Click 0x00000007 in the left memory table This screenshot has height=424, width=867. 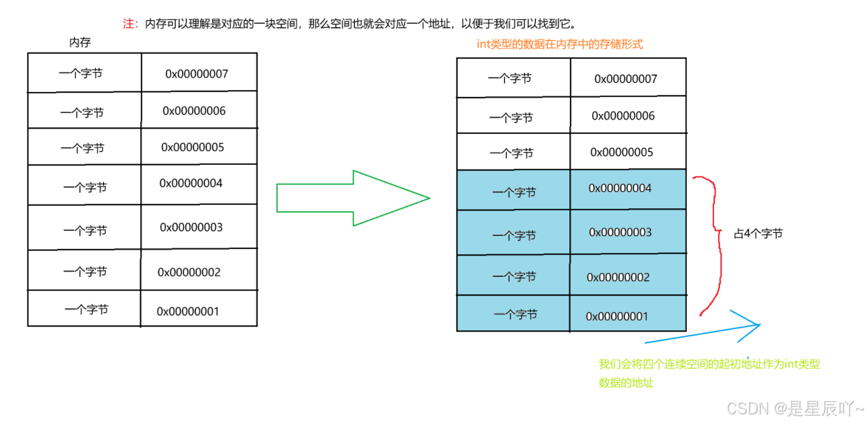click(197, 74)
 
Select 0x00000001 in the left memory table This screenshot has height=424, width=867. click(188, 311)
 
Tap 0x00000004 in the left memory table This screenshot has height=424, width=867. click(191, 183)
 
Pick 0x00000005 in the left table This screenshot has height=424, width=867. click(192, 147)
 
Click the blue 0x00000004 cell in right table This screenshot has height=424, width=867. click(620, 188)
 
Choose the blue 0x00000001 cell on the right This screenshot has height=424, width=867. click(617, 316)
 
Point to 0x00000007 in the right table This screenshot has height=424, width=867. click(626, 79)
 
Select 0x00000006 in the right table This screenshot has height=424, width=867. click(623, 116)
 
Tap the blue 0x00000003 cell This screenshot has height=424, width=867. click(620, 233)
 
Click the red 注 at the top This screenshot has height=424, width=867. click(128, 24)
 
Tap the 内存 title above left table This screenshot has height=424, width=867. click(80, 42)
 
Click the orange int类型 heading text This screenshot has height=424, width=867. click(560, 44)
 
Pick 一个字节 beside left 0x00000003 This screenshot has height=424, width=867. click(85, 230)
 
